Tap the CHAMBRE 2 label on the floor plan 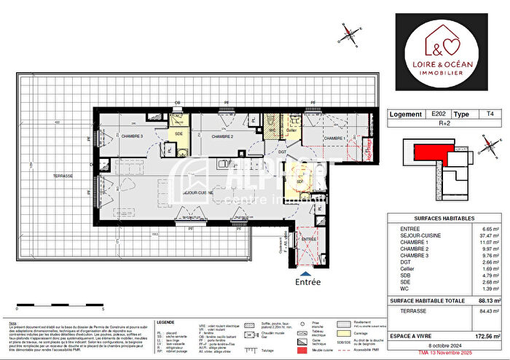(221, 136)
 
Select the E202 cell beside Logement (441, 114)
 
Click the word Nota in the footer (12, 321)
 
